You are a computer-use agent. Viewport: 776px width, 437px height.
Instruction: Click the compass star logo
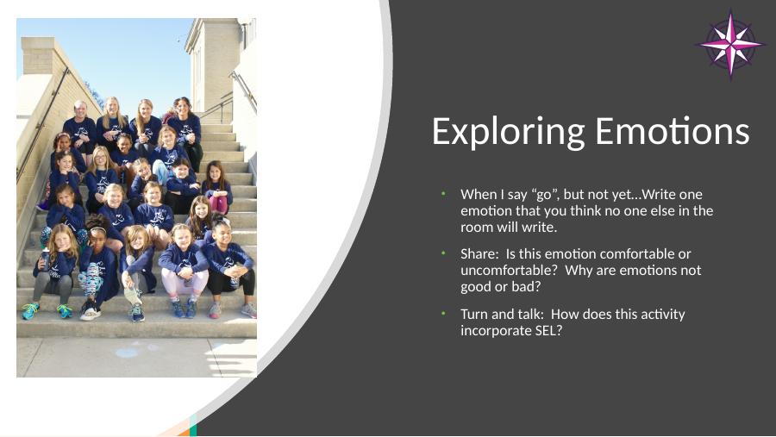click(x=730, y=45)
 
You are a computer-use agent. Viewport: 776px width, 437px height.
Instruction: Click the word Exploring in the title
click(x=509, y=132)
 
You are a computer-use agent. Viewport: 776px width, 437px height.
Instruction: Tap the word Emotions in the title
click(x=672, y=131)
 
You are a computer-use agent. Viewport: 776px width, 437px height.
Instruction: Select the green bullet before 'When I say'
click(x=444, y=194)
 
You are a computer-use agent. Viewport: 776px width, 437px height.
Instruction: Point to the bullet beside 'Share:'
click(x=444, y=253)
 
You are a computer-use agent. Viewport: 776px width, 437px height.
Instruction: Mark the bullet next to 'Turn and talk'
click(x=444, y=314)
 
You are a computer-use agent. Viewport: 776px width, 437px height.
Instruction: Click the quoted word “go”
click(x=544, y=195)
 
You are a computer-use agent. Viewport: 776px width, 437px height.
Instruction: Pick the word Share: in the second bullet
click(x=479, y=254)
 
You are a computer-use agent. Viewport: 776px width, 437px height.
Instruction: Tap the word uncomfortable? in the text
click(x=509, y=271)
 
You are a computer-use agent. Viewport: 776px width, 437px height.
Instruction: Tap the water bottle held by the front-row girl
click(x=45, y=259)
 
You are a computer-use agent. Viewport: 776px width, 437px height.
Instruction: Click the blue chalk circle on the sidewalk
click(x=127, y=353)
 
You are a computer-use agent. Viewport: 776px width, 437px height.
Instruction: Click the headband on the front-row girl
click(x=98, y=229)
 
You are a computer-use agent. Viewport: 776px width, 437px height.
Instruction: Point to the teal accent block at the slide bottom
click(x=193, y=426)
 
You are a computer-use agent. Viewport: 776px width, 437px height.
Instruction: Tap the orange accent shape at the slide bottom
click(x=184, y=432)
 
